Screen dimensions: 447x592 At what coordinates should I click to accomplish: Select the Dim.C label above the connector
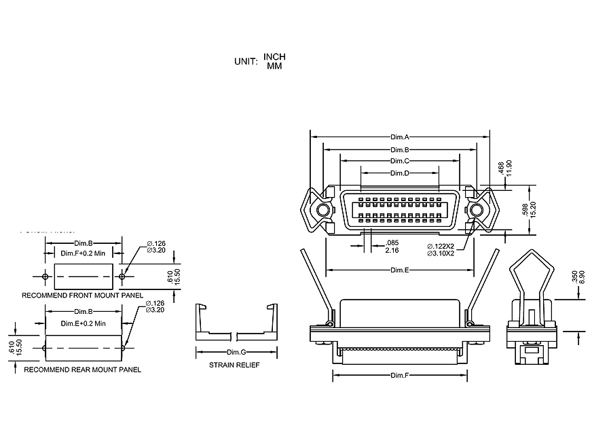point(400,161)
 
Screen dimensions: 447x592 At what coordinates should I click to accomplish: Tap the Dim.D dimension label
point(400,173)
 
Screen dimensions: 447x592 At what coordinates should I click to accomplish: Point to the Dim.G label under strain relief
point(236,352)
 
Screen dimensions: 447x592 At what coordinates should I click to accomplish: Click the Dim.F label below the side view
point(400,376)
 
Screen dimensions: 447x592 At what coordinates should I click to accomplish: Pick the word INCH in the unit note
point(275,56)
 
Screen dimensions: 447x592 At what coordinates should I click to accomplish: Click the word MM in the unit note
point(275,66)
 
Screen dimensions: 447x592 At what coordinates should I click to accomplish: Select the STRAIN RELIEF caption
point(234,365)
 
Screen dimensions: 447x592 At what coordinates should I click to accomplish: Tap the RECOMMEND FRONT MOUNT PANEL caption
point(83,296)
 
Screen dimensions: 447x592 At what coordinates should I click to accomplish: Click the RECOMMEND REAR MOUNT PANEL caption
point(83,370)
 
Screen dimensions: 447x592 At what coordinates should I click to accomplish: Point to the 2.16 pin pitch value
point(392,251)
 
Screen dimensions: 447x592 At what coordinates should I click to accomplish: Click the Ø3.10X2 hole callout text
point(445,253)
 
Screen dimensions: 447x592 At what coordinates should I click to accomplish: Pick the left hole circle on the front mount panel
point(45,276)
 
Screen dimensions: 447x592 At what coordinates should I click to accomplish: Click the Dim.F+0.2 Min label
point(84,253)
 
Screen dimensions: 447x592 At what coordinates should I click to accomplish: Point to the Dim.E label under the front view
point(400,270)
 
